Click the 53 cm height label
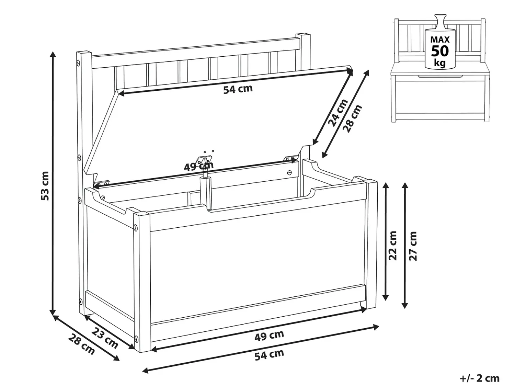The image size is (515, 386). [x=45, y=186]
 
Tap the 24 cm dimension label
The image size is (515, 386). [x=337, y=113]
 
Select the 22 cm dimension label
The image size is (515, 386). [x=393, y=246]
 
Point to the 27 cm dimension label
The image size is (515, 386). [x=413, y=246]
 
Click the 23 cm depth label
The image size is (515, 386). [x=105, y=338]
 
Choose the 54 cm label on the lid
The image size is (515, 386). [x=238, y=89]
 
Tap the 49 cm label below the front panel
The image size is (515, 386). [x=269, y=336]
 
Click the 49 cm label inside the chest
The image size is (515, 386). [x=199, y=166]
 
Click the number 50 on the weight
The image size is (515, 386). [x=440, y=51]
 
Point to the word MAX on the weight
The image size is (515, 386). [x=440, y=40]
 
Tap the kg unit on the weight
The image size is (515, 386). [x=440, y=63]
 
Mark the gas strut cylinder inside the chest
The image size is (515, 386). [x=206, y=192]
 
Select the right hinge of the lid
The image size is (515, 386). [x=290, y=158]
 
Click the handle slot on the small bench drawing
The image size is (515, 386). [x=440, y=76]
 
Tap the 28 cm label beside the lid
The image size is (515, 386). [x=352, y=119]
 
